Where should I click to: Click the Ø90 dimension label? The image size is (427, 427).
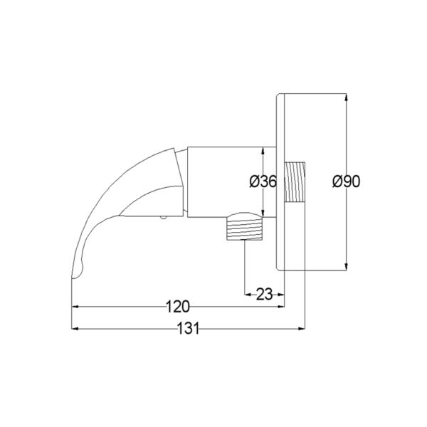[x=346, y=181]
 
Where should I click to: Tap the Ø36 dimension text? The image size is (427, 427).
[x=263, y=181]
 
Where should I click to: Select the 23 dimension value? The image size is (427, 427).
[x=264, y=295]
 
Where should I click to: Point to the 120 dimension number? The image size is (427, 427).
[x=177, y=307]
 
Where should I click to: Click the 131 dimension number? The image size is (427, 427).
[x=188, y=328]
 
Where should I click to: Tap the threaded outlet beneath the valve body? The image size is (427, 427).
[x=245, y=226]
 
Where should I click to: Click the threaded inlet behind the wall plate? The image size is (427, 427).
[x=295, y=181]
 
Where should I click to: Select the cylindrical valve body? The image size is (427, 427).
[x=232, y=182]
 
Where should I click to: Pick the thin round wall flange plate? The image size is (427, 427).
[x=280, y=182]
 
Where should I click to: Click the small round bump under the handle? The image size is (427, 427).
[x=164, y=218]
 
